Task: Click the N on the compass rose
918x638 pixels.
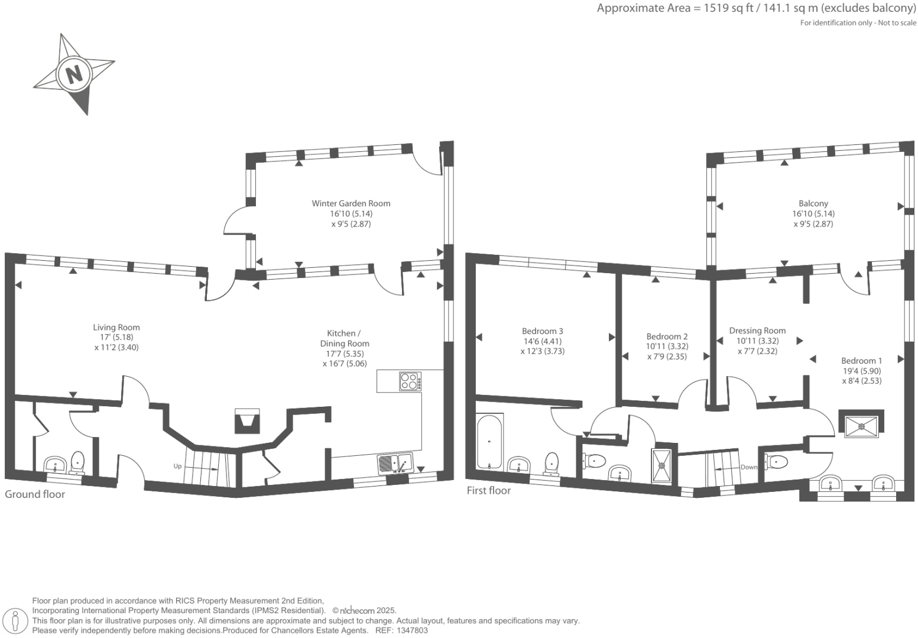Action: click(x=74, y=75)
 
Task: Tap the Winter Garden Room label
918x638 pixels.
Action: click(x=351, y=203)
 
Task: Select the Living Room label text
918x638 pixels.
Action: click(x=116, y=327)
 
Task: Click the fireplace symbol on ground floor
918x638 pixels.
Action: click(x=247, y=421)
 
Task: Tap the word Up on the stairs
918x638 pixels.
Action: click(x=177, y=467)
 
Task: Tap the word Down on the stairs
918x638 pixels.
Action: click(x=748, y=467)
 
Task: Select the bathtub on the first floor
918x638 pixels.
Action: click(x=489, y=441)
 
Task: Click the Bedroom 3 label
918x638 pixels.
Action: click(x=542, y=331)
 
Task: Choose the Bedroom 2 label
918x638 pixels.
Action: click(x=667, y=336)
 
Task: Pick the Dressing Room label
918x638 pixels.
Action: click(x=757, y=331)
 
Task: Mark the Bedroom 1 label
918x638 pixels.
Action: click(x=861, y=361)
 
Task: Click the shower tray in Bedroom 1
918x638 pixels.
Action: click(x=861, y=425)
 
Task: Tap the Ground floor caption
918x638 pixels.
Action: click(x=35, y=494)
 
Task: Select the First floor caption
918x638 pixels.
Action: click(x=488, y=490)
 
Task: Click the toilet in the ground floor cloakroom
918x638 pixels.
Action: click(x=77, y=462)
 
